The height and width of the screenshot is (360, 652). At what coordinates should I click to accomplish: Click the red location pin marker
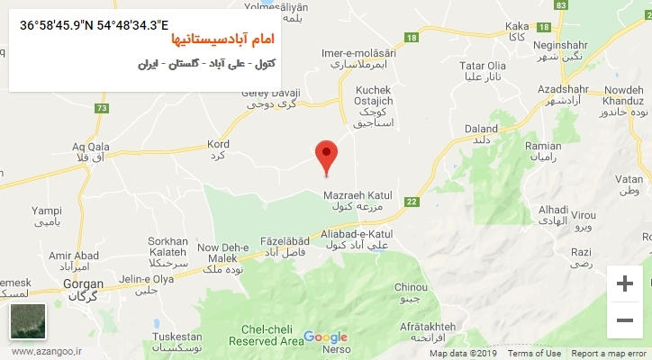pos(326,156)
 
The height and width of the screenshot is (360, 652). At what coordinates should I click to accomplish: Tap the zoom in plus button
pos(624,283)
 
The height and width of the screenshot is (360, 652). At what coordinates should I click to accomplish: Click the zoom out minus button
pos(624,319)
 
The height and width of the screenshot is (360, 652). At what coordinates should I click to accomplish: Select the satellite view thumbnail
pos(27,321)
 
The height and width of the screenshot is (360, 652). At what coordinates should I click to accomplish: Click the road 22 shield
pos(412,202)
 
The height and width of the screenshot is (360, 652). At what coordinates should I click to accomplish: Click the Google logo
pos(325,337)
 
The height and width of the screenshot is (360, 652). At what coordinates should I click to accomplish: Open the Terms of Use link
pos(533,354)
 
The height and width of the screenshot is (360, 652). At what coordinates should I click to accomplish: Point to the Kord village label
pos(219,149)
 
